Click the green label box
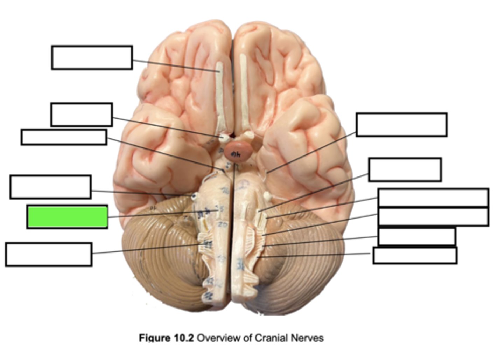tap(67, 217)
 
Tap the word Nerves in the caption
tap(308, 338)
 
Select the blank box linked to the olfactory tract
tap(92, 57)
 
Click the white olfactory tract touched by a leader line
tap(219, 95)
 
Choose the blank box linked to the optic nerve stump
tap(81, 115)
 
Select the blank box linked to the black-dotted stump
tap(50, 187)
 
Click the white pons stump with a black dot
tap(193, 196)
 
